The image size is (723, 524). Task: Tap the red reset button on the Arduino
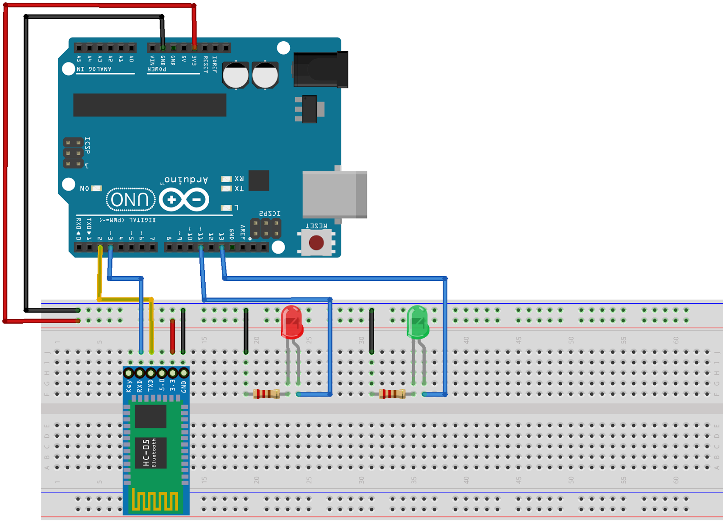316,243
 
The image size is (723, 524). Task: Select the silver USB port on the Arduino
334,194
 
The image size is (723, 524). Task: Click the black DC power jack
320,69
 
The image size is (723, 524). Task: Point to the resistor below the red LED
267,394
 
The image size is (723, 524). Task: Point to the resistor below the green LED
392,394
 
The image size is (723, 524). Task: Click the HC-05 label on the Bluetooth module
146,453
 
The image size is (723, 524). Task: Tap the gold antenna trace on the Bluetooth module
155,500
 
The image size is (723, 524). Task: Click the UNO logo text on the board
130,199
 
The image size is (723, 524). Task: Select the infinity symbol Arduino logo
184,199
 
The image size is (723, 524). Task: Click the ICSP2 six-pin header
266,228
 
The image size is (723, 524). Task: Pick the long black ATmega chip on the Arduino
150,105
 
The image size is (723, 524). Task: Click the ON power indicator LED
96,188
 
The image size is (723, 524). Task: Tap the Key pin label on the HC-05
129,386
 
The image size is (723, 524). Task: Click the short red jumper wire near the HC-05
173,336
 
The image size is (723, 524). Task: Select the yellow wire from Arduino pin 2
100,276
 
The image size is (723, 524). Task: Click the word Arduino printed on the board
186,179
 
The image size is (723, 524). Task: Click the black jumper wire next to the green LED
371,331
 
